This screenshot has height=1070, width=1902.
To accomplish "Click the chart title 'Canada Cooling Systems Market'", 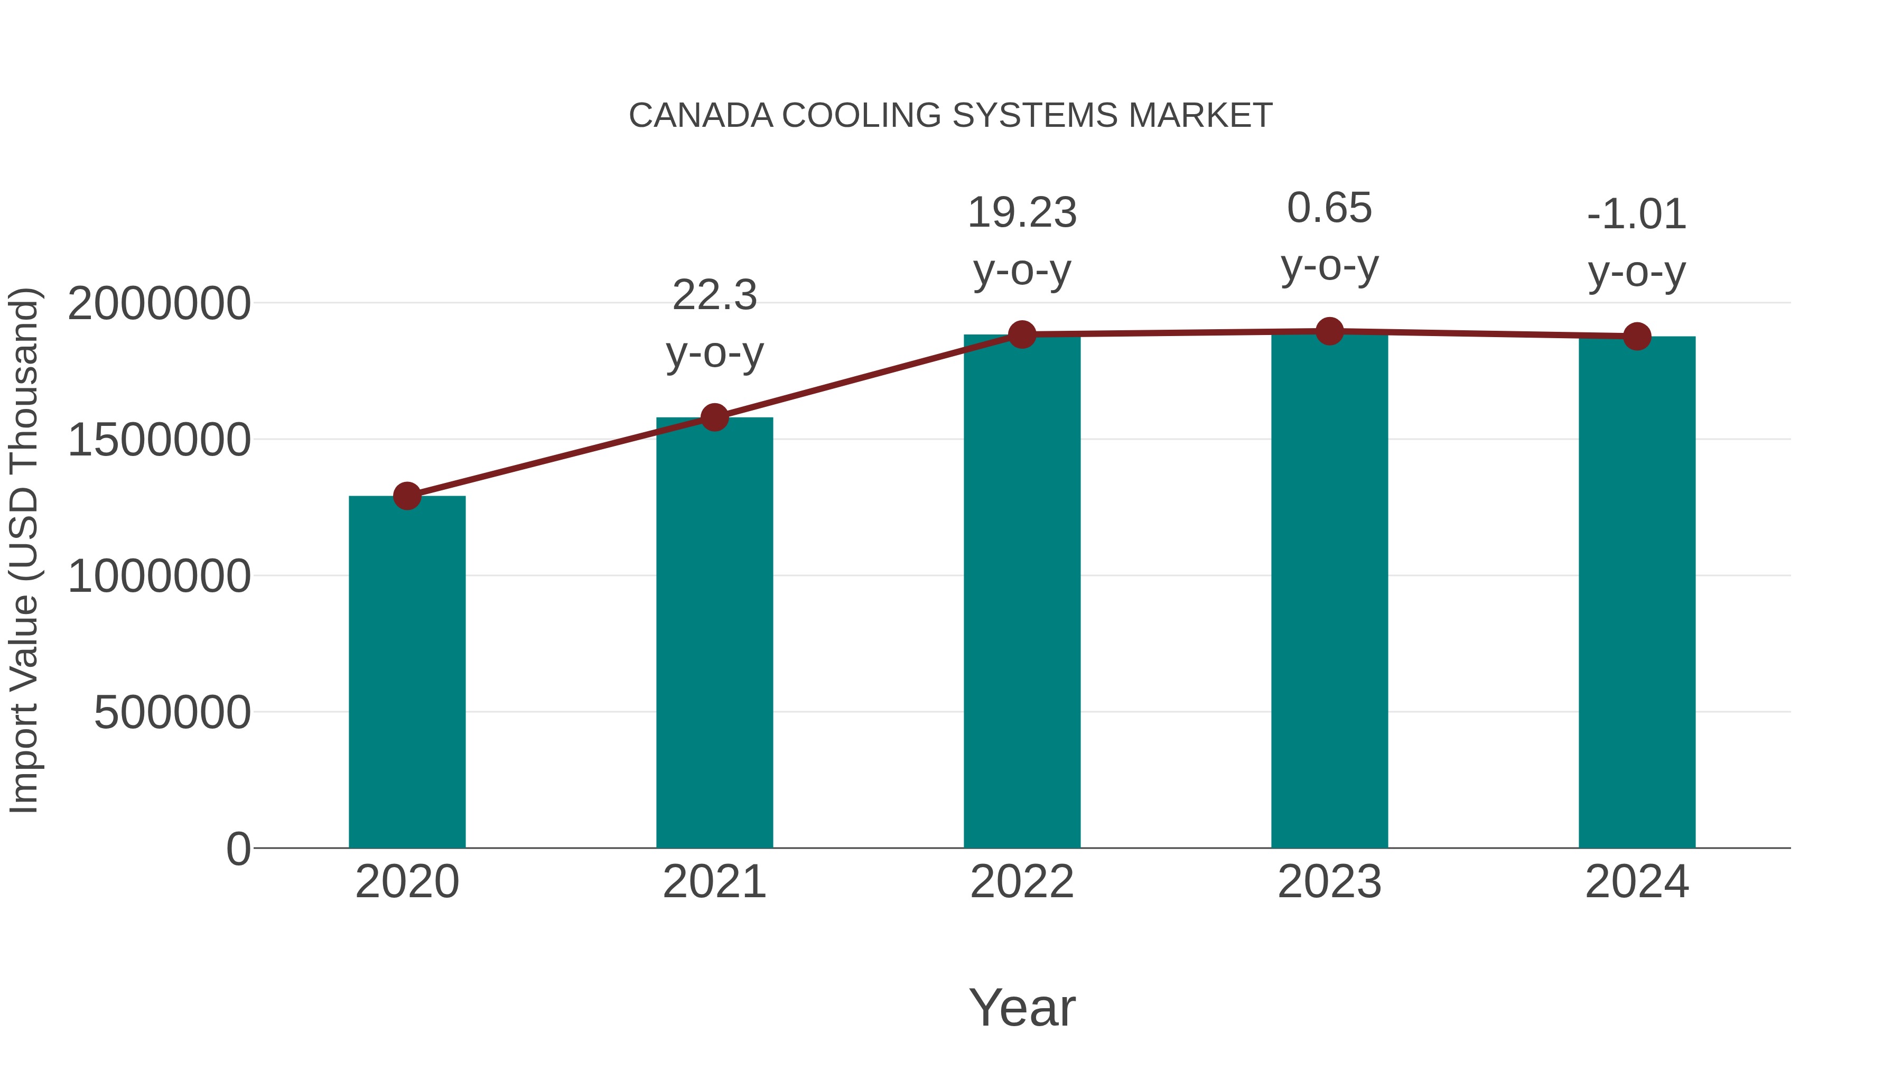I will pyautogui.click(x=950, y=116).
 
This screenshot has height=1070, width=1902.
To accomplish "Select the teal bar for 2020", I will pyautogui.click(x=407, y=672).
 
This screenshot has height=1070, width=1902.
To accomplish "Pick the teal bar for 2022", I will pyautogui.click(x=1022, y=591).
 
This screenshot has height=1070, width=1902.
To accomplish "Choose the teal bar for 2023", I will pyautogui.click(x=1329, y=591).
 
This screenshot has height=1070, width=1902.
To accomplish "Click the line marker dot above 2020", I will pyautogui.click(x=407, y=496).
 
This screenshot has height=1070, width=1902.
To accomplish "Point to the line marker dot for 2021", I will pyautogui.click(x=714, y=417).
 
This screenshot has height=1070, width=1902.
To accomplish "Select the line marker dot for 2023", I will pyautogui.click(x=1329, y=331).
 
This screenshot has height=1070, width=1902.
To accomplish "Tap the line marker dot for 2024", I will pyautogui.click(x=1637, y=337).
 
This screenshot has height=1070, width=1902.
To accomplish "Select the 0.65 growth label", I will pyautogui.click(x=1329, y=208).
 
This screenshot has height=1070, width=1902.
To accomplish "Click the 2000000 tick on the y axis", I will pyautogui.click(x=158, y=303).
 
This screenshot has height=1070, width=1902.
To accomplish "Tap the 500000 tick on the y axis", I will pyautogui.click(x=172, y=713).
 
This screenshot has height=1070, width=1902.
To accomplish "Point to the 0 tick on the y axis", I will pyautogui.click(x=238, y=849).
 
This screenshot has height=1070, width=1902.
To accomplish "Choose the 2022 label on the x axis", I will pyautogui.click(x=1022, y=882).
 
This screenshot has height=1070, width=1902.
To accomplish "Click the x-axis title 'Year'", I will pyautogui.click(x=1022, y=1008).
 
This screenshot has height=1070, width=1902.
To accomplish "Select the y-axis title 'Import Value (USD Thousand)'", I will pyautogui.click(x=24, y=550).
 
